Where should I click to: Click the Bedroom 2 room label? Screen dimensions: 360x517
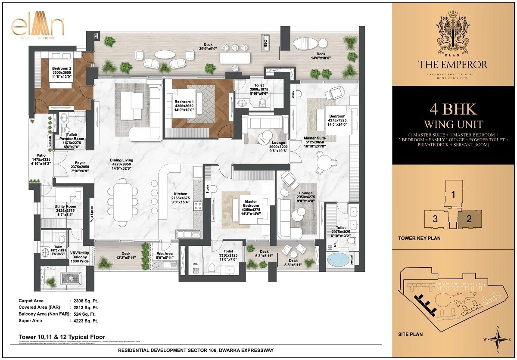click(x=62, y=68)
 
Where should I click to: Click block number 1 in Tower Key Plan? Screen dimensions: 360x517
click(x=453, y=194)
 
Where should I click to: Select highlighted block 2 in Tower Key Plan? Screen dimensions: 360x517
click(x=469, y=219)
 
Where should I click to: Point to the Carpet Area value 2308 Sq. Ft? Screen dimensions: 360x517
click(x=84, y=301)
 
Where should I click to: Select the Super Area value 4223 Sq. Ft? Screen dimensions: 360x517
click(x=84, y=321)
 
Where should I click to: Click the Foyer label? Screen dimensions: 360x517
click(x=79, y=163)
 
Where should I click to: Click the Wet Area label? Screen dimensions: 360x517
click(x=165, y=254)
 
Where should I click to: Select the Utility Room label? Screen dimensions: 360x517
click(x=65, y=207)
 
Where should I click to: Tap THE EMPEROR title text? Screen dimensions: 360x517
click(x=453, y=65)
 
